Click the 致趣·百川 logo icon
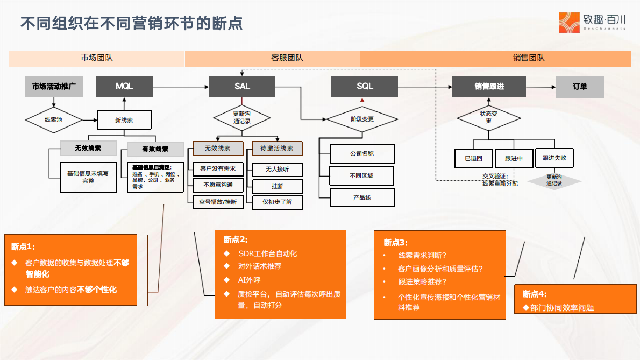pyautogui.click(x=570, y=22)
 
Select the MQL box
pyautogui.click(x=124, y=87)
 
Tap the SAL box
pyautogui.click(x=242, y=87)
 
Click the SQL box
pyautogui.click(x=365, y=87)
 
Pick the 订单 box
pyautogui.click(x=579, y=87)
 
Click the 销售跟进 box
pyautogui.click(x=489, y=87)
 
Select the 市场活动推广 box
pyautogui.click(x=54, y=87)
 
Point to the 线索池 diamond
pyautogui.click(x=53, y=119)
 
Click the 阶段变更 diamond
pyautogui.click(x=362, y=119)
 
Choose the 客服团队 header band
pyautogui.click(x=272, y=58)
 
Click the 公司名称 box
pyautogui.click(x=361, y=153)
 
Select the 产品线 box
pyautogui.click(x=361, y=197)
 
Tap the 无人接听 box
pyautogui.click(x=277, y=170)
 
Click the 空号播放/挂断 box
pyautogui.click(x=218, y=202)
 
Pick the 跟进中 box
pyautogui.click(x=514, y=159)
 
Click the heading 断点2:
pyautogui.click(x=236, y=240)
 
